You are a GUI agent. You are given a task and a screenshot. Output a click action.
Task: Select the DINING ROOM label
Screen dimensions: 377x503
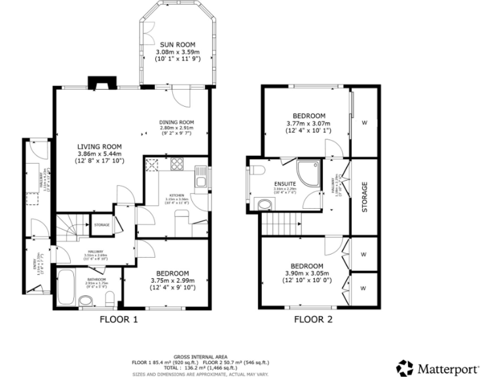coord(177,122)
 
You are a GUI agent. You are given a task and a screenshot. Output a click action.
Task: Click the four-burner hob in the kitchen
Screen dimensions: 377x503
coord(155,164)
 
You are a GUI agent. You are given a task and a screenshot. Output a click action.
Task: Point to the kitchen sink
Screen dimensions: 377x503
coord(202,175)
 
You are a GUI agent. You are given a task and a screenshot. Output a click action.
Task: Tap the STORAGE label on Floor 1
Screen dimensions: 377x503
coord(102,225)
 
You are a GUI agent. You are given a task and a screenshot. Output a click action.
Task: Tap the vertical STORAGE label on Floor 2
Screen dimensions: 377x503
coord(365,195)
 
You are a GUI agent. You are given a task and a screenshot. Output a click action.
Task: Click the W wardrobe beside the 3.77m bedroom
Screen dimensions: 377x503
coord(365,122)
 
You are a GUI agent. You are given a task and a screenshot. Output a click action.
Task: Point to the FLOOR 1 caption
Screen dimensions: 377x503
coord(119,320)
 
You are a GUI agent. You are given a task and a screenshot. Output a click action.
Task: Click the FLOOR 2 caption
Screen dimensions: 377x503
coord(312,320)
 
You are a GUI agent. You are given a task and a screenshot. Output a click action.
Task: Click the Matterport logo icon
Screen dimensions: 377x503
coord(405,367)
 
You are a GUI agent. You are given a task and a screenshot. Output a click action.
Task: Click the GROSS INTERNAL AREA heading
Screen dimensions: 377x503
coord(200,351)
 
